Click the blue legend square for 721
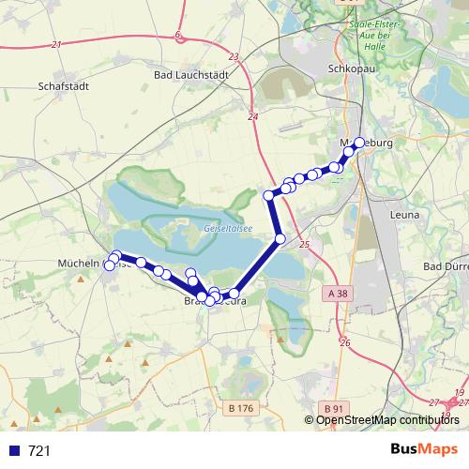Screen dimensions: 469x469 coord(13,451)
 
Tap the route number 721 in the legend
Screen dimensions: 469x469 coord(39,451)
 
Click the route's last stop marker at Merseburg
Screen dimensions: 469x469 coord(359,143)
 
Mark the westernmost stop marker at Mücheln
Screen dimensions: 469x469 coord(109,266)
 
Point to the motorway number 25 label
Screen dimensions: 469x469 coord(304,244)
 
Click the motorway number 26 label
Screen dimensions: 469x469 coord(345,343)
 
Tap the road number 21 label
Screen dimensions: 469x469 coord(57,44)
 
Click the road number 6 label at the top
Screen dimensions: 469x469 coord(177,36)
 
